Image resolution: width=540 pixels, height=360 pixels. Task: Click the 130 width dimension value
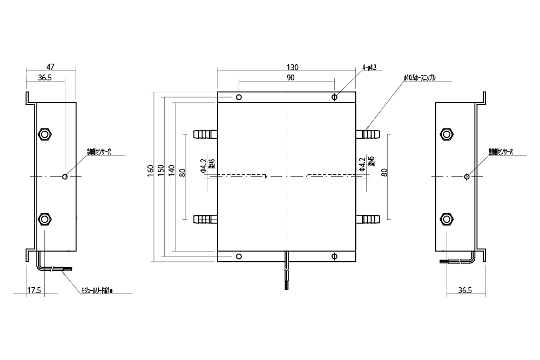292,67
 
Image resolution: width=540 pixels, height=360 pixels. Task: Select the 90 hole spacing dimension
290,78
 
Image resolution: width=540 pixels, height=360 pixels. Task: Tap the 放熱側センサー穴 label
500,152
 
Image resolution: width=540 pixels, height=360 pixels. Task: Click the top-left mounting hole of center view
239,97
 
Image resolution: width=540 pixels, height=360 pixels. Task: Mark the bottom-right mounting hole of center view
335,256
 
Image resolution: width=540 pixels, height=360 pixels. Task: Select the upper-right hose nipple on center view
368,133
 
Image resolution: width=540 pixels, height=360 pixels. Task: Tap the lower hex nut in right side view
446,219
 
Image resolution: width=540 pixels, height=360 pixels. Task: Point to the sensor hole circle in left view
65,176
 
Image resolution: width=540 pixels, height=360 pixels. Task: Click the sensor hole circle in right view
467,176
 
